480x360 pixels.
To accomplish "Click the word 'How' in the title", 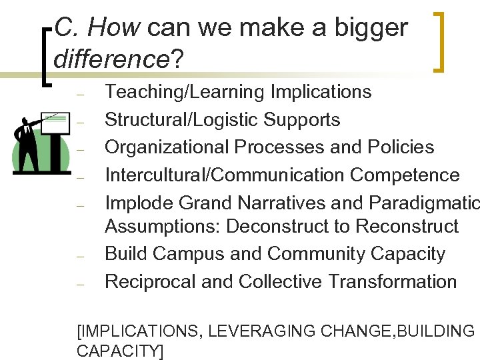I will pos(113,28).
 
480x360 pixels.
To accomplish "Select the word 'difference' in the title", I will pos(111,59).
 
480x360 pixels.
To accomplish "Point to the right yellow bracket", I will pos(440,41).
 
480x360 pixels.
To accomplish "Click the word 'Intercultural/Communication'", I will pos(225,175).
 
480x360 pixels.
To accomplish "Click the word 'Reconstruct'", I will pos(407,227).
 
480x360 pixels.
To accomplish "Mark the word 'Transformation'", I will pos(391,281).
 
